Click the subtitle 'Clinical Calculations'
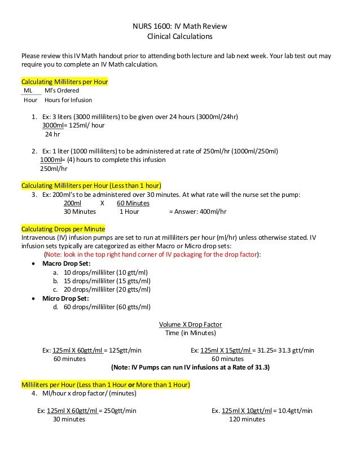pyautogui.click(x=179, y=37)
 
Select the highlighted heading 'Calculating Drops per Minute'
pyautogui.click(x=63, y=230)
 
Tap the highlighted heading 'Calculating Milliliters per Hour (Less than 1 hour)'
pyautogui.click(x=91, y=186)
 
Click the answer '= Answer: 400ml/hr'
pyautogui.click(x=197, y=212)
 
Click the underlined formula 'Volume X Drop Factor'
pyautogui.click(x=190, y=324)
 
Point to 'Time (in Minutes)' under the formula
pyautogui.click(x=190, y=333)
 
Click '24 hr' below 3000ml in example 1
pyautogui.click(x=52, y=134)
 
